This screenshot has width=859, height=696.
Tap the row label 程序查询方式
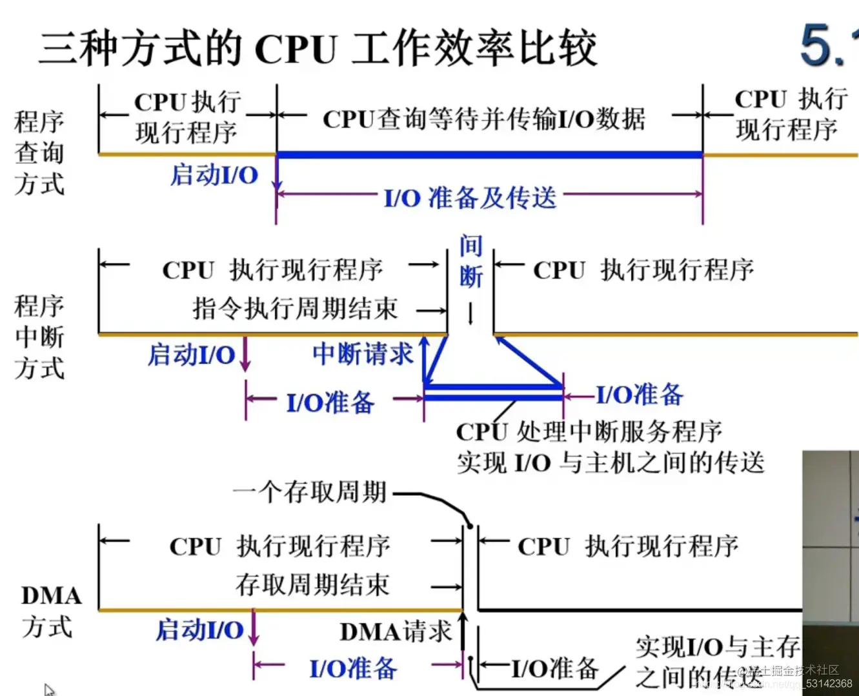[39, 153]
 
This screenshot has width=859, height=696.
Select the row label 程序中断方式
[39, 337]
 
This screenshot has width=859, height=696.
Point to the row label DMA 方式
[50, 610]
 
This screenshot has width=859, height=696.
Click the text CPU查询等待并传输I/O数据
[483, 119]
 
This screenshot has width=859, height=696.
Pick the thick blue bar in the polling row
[489, 155]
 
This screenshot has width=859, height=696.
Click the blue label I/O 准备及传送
[470, 197]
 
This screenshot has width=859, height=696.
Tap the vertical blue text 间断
[470, 261]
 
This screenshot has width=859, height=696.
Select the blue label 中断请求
[363, 354]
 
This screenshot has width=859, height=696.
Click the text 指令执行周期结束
[295, 308]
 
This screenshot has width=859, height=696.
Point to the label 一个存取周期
[310, 492]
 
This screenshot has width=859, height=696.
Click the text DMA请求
[396, 631]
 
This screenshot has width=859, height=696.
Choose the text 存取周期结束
[312, 585]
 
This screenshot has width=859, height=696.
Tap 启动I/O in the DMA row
[200, 630]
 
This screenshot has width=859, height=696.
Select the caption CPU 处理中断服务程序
[589, 432]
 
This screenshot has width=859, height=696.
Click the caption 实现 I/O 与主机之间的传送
[610, 462]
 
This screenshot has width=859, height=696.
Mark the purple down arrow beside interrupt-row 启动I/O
[245, 355]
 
